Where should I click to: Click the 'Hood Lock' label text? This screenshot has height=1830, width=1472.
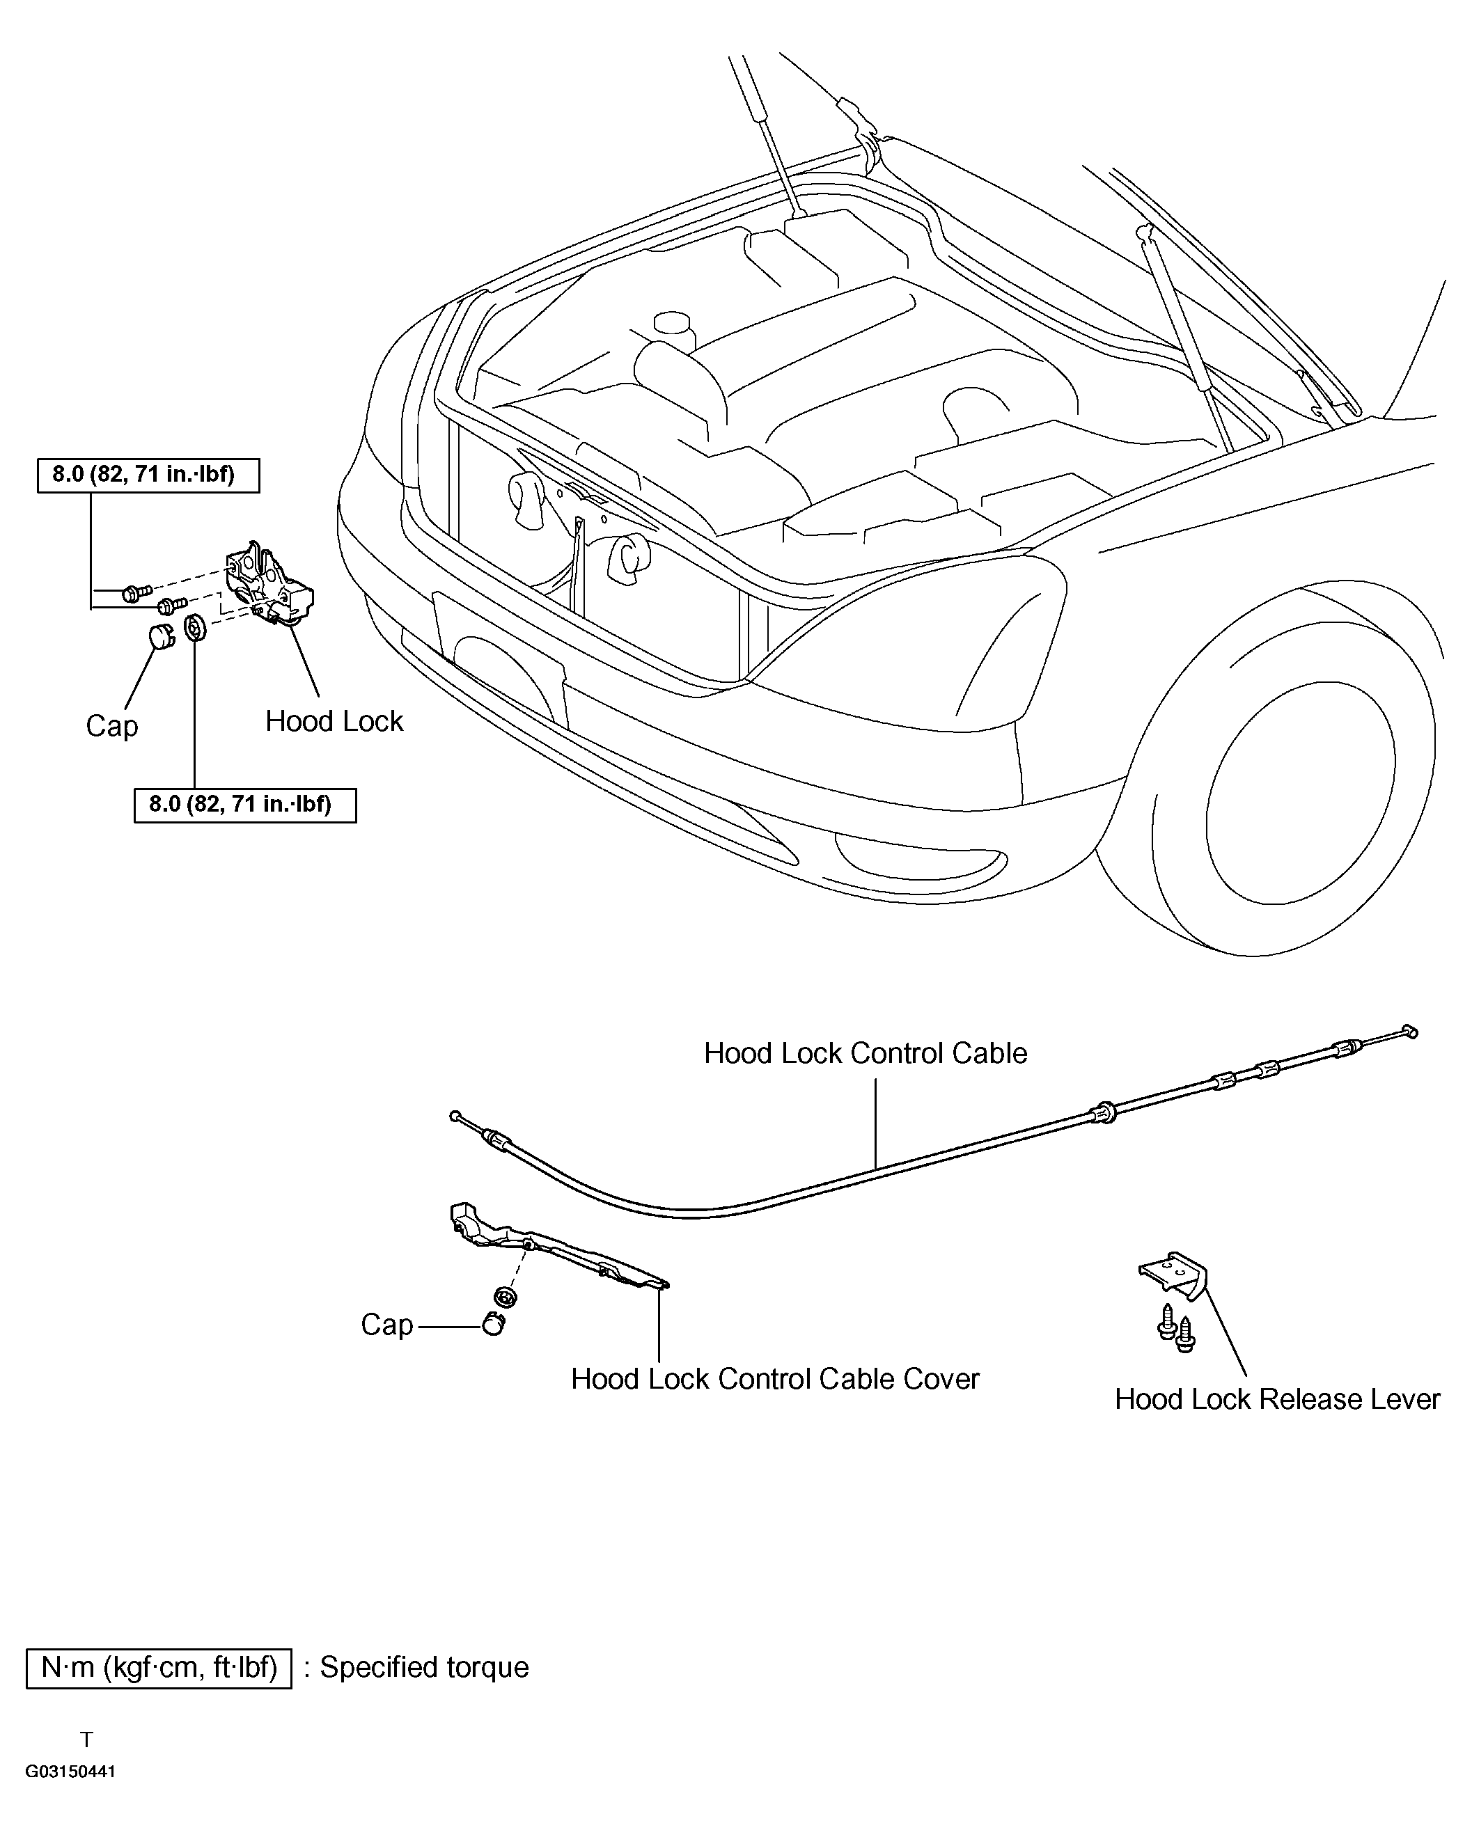tap(334, 721)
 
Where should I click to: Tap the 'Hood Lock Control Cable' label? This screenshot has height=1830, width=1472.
tap(865, 1053)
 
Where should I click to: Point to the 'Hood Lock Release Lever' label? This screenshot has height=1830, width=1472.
tap(1277, 1400)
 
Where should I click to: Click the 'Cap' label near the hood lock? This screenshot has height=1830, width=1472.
tap(111, 726)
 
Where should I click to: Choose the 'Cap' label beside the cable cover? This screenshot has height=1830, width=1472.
tap(386, 1325)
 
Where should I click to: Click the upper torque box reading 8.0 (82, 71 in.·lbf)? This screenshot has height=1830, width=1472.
tap(148, 475)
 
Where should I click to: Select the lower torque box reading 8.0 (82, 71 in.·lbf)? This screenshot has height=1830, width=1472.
tap(245, 805)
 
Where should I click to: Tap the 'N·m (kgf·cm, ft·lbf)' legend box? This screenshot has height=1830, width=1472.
tap(159, 1667)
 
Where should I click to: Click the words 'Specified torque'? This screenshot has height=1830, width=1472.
tap(425, 1667)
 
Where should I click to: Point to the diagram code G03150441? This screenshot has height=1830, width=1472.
tap(70, 1772)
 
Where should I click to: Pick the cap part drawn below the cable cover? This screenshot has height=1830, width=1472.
tap(493, 1323)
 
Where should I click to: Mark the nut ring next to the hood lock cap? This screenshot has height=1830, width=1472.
tap(194, 628)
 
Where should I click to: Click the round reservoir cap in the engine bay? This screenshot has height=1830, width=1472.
tap(673, 324)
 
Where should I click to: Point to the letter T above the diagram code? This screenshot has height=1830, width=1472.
tap(86, 1740)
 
